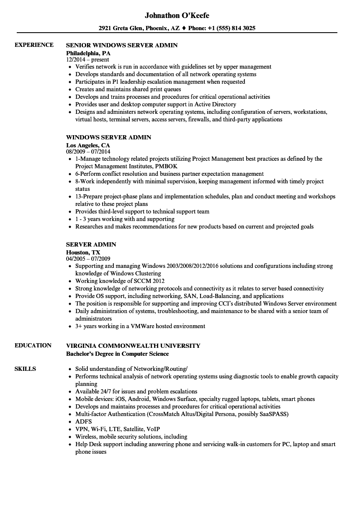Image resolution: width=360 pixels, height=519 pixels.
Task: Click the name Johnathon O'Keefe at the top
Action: [177, 15]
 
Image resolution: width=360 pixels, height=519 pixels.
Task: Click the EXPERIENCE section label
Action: [34, 45]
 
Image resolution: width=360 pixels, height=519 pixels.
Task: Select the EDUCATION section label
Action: [33, 345]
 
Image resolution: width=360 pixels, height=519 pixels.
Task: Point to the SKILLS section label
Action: [25, 369]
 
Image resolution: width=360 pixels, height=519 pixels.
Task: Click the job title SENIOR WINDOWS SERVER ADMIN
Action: [122, 45]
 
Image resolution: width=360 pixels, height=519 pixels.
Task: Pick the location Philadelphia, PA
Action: [88, 53]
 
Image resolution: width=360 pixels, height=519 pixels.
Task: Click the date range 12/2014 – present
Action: [87, 60]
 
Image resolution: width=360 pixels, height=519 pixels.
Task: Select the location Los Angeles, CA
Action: [88, 145]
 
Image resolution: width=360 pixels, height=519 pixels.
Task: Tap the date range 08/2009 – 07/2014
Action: [88, 152]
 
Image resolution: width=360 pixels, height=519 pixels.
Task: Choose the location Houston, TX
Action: [83, 252]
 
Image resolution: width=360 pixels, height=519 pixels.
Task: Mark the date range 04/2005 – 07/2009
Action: [88, 259]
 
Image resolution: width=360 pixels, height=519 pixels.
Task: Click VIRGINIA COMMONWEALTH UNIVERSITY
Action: [133, 346]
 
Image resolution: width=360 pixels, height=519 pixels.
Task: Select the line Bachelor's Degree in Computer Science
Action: [118, 354]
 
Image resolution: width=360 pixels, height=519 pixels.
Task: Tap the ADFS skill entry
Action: [83, 421]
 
